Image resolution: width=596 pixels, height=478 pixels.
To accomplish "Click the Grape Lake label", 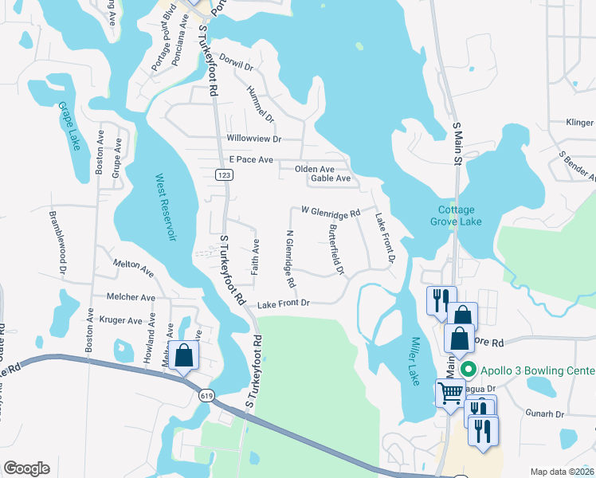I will tap(69, 127).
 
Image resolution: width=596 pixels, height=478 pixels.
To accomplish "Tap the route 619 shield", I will tap(206, 395).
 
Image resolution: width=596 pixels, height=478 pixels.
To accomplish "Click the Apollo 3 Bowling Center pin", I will tap(469, 370).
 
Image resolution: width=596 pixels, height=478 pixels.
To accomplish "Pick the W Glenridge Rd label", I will tap(331, 213).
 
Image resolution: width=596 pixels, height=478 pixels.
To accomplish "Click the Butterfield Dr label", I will tap(336, 249).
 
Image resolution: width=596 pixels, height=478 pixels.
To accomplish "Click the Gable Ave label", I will tap(331, 178).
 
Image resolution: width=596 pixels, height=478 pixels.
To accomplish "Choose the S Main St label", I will tap(457, 143).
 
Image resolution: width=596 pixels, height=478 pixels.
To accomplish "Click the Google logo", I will tap(26, 468).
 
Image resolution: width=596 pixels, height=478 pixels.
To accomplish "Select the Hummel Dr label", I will tap(261, 104).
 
